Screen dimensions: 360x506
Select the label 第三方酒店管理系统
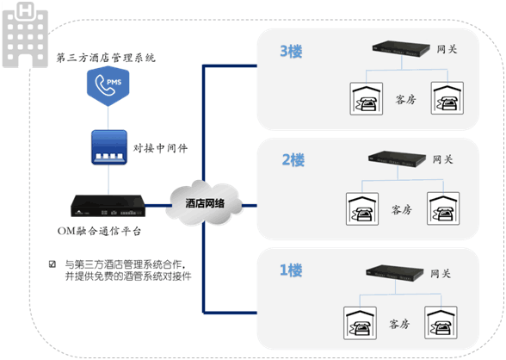[106, 58]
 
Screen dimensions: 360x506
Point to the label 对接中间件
[161, 147]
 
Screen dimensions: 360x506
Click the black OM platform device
[108, 208]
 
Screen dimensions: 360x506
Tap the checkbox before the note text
[53, 264]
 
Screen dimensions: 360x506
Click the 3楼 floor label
[291, 51]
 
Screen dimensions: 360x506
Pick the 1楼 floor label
[291, 270]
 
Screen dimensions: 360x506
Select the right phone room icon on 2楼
[446, 209]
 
